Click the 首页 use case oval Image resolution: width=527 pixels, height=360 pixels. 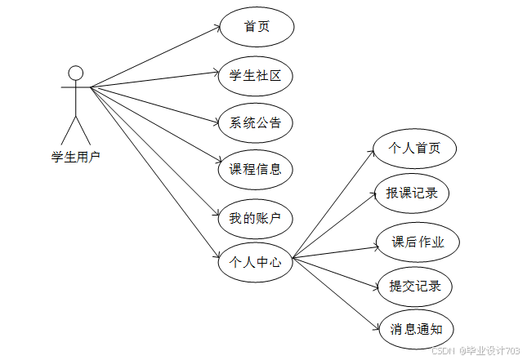[257, 27]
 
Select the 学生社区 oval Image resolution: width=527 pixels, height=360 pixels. [256, 76]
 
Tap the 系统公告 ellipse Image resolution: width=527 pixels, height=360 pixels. [256, 123]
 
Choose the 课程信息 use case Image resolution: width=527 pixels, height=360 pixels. [256, 170]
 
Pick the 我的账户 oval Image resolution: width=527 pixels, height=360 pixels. [256, 218]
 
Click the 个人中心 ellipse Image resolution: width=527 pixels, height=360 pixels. [256, 263]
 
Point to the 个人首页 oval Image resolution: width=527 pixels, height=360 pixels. [413, 149]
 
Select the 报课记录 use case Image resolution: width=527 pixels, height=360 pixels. [412, 193]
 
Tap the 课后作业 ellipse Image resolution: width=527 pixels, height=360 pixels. [418, 242]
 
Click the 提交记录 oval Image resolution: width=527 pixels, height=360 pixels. [415, 286]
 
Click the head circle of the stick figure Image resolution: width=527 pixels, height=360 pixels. [76, 72]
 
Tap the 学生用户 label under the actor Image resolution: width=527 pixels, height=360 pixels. [76, 157]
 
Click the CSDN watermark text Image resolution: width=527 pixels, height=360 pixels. [476, 350]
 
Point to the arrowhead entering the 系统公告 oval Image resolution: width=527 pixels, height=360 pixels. [216, 123]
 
